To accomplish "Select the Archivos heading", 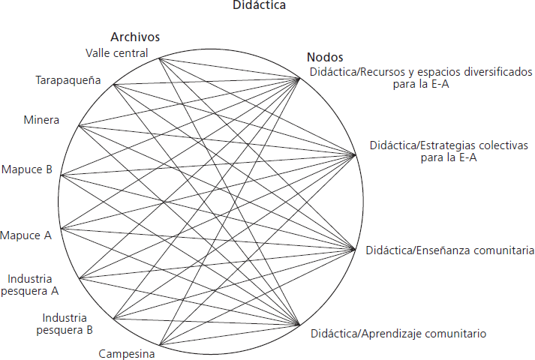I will [135, 37].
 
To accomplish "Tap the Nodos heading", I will [325, 57].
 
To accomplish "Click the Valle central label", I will [116, 52].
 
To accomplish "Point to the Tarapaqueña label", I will [68, 79].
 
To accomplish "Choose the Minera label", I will [41, 120].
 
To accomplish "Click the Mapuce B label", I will [26, 169].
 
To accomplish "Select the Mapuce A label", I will [26, 235].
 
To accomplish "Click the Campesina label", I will [127, 353].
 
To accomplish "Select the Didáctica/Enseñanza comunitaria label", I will [449, 250].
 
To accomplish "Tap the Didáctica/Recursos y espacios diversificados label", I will [421, 78].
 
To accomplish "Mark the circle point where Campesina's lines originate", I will [159, 346].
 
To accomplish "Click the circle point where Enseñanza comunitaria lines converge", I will [356, 249].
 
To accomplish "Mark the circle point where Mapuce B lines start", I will [61, 175].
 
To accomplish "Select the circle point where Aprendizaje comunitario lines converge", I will [302, 327].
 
